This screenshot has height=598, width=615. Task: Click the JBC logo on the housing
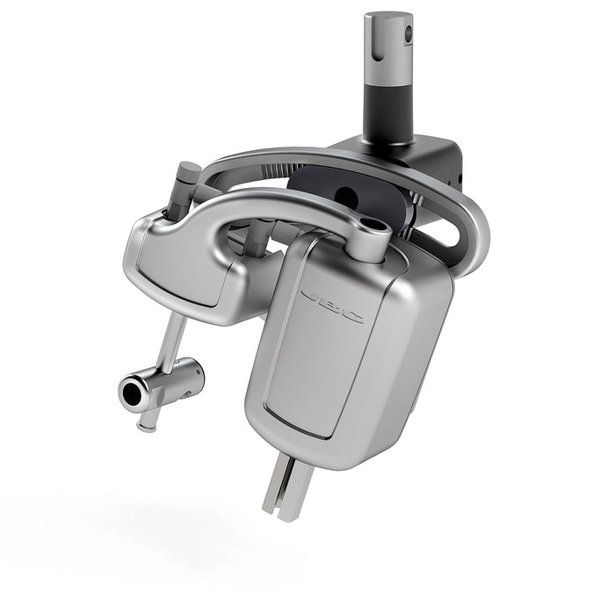(332, 306)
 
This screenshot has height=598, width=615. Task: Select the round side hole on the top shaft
(409, 33)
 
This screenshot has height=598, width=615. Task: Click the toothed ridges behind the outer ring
(277, 169)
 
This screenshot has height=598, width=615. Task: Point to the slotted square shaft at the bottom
(287, 486)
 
